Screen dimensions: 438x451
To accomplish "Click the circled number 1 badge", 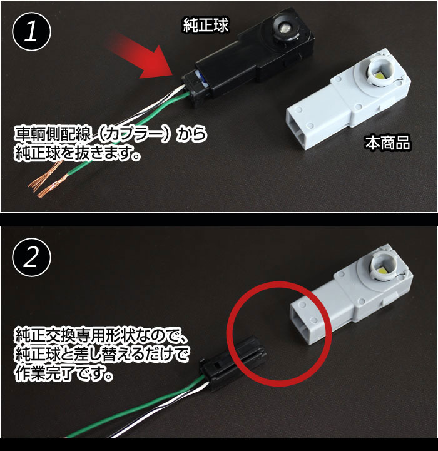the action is (31, 32).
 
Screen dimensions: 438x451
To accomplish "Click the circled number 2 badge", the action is (31, 258).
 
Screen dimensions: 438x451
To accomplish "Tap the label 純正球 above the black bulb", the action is (206, 25).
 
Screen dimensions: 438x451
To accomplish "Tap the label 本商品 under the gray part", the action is (388, 143).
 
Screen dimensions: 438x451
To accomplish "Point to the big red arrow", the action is (144, 56).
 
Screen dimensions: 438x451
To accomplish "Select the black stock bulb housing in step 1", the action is (250, 58).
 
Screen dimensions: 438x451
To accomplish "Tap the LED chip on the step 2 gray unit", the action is (385, 270).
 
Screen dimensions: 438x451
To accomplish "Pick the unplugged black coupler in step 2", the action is (233, 364).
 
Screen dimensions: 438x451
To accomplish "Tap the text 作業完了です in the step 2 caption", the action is (64, 373).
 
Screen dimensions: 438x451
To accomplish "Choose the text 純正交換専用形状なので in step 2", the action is (96, 335).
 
